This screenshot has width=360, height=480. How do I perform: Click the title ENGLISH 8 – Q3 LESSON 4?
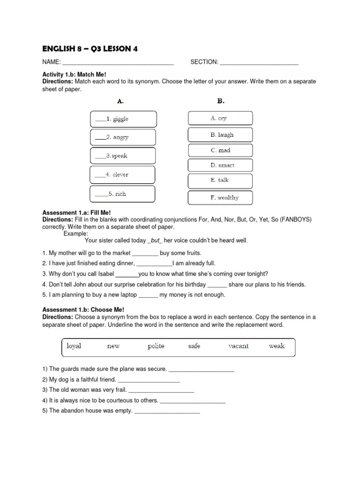90,49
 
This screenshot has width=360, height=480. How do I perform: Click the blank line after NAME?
118,62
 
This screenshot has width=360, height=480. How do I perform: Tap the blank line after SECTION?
259,62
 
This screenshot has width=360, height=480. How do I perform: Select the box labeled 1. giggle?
122,119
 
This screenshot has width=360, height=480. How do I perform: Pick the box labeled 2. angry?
122,137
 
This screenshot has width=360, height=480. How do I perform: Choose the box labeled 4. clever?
122,174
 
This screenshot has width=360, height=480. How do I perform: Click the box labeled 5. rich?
122,194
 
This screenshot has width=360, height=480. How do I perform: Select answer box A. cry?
220,118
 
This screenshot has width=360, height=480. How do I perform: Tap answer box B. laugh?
220,135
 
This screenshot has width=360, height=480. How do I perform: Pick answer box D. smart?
220,165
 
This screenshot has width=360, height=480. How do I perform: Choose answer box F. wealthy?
220,197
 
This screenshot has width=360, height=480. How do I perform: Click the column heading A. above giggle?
120,101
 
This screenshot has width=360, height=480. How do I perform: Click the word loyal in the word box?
74,346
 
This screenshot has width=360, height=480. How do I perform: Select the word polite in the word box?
156,346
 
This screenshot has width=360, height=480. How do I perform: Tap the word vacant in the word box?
238,346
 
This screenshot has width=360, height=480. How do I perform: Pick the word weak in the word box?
277,346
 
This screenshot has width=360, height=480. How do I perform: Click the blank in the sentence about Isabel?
127,274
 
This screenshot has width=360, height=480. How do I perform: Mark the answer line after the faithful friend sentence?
149,380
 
